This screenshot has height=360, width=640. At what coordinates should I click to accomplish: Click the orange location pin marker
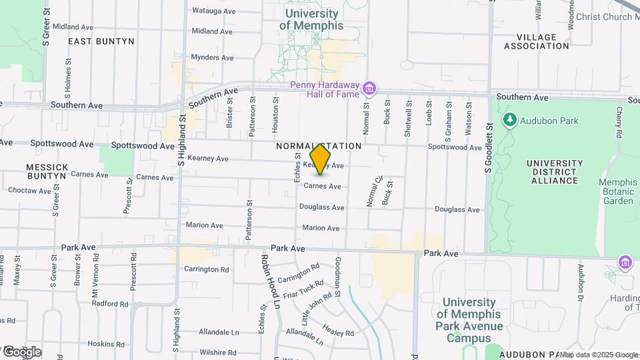pos(321,159)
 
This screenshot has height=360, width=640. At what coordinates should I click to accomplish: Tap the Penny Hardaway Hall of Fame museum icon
pos(370,88)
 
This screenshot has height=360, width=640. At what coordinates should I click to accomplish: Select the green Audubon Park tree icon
pos(511,120)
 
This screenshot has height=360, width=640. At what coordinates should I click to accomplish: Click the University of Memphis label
pos(311,19)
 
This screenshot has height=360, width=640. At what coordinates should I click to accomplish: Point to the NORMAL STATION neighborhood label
pos(319,145)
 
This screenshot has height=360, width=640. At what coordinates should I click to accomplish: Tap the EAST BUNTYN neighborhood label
pos(101,41)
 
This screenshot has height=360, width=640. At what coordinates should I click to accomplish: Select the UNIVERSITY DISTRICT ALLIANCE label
pos(551,171)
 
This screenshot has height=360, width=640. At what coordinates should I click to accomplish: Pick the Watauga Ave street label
pos(213,11)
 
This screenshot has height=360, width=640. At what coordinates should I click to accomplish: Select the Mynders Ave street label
pos(213,57)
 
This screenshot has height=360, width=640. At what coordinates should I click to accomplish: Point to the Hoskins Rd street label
pos(102,344)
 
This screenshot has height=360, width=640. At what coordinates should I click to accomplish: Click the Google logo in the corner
pos(21,351)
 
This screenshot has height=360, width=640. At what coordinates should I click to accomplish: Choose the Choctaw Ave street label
pos(29,191)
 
